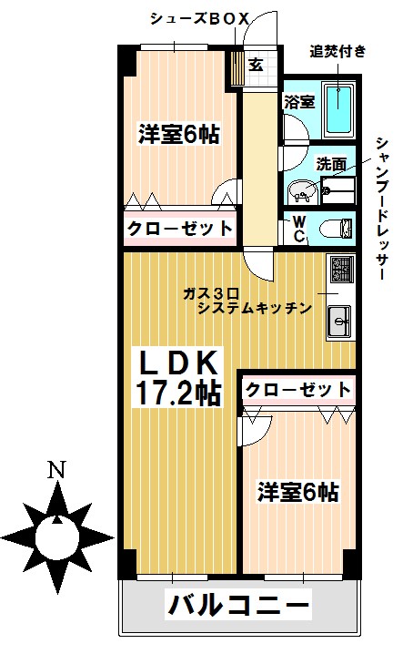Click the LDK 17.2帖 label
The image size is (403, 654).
(178, 377)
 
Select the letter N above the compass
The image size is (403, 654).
(56, 471)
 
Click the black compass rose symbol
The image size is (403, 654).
(56, 534)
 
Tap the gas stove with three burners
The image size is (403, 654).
(341, 269)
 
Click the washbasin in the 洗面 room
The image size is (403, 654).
(303, 190)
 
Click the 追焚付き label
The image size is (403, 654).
(338, 51)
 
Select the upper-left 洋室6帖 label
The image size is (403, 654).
(178, 134)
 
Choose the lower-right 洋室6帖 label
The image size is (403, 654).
(297, 493)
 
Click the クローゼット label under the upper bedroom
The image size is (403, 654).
(179, 227)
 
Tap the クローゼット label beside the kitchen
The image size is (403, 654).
(297, 389)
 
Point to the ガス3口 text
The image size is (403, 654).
(210, 292)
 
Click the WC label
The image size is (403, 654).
(297, 229)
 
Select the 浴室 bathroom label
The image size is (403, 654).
(300, 101)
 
